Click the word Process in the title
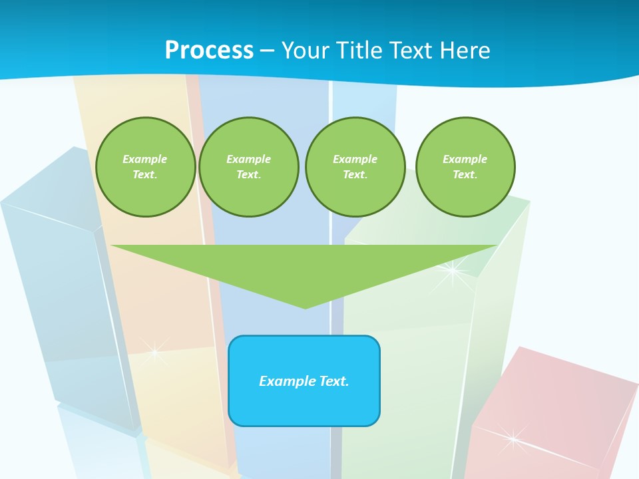tap(209, 51)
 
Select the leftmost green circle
tap(146, 167)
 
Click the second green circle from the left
tap(249, 167)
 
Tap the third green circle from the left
tap(355, 167)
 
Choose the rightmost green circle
tap(465, 167)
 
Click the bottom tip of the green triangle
tap(306, 307)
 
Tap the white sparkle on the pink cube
tap(513, 438)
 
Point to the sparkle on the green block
tap(452, 271)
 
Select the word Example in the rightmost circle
tap(465, 159)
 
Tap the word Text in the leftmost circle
tap(144, 175)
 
